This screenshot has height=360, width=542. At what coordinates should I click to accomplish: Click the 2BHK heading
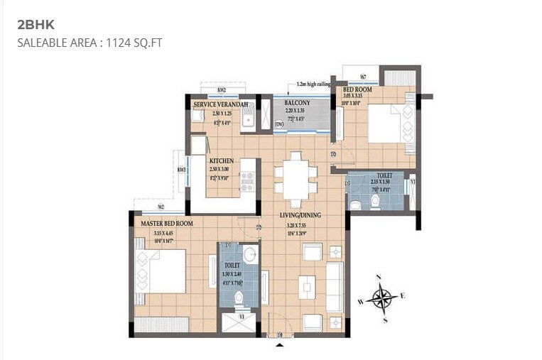coord(36,25)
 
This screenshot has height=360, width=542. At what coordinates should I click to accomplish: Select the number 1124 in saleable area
coord(117,43)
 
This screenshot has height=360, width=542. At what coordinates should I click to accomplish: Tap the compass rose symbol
coord(383,297)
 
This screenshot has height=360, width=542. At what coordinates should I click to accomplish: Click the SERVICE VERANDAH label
coord(221,105)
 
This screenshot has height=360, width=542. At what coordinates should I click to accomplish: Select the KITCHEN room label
coord(222,161)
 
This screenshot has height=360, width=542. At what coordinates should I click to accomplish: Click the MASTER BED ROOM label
coord(166,223)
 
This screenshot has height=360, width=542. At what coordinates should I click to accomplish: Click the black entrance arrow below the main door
coord(279,344)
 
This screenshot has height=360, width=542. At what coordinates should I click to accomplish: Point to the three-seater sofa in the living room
coord(334,286)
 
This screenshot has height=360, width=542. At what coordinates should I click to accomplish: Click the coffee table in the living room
coord(307,286)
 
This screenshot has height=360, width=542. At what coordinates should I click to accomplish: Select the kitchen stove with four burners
coord(247,182)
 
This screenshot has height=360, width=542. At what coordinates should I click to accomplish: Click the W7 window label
coord(362,77)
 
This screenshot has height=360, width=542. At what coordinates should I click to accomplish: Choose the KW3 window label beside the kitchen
coord(182,170)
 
